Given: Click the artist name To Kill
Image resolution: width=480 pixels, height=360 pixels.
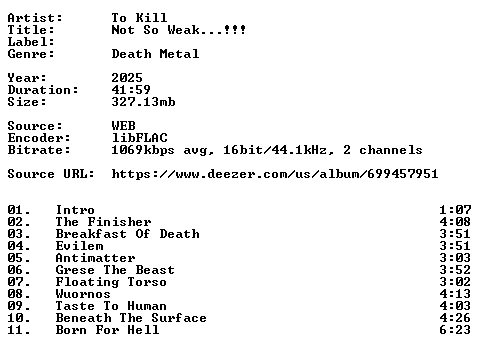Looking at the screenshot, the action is [x=139, y=18].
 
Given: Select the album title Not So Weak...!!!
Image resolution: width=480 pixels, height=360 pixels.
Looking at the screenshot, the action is [x=179, y=30].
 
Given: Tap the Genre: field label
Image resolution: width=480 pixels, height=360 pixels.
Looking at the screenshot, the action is [x=31, y=54].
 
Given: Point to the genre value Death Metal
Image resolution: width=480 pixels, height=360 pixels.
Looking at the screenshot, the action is [x=155, y=54].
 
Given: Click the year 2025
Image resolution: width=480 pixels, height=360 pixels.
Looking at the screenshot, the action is [x=127, y=78].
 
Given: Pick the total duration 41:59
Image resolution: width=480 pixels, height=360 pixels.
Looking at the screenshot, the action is [x=131, y=90].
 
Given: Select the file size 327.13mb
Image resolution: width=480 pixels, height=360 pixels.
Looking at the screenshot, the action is [x=143, y=102].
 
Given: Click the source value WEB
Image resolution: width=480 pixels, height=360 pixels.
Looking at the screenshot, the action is [x=124, y=126].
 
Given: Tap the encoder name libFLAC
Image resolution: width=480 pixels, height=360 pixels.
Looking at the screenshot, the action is [x=139, y=138].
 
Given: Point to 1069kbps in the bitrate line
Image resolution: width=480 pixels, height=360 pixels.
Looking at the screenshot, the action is [x=143, y=150].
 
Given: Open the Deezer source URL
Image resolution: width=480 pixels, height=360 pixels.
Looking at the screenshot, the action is [x=275, y=174].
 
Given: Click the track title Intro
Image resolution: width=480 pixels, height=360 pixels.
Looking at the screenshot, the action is [x=75, y=210].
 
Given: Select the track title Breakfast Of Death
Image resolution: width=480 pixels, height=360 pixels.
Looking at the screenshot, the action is [x=128, y=234].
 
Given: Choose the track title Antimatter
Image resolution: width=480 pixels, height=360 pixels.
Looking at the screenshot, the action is [x=95, y=258].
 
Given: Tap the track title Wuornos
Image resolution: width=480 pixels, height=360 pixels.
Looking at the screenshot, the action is [x=83, y=294].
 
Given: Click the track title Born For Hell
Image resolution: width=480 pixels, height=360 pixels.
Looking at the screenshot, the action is [x=107, y=330].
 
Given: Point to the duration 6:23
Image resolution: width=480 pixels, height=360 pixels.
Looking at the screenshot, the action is [x=455, y=330].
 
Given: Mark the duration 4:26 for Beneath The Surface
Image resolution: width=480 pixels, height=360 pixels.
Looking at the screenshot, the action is [x=455, y=318].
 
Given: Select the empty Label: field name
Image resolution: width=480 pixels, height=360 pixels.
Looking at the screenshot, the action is [x=31, y=42].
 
